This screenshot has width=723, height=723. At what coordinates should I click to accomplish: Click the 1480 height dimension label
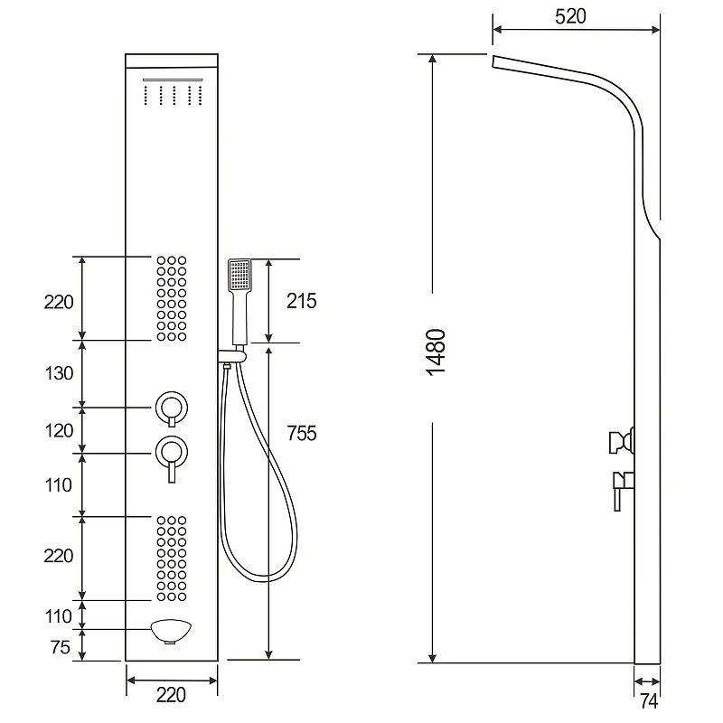pyautogui.click(x=436, y=352)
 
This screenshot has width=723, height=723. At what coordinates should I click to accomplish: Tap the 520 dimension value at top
pyautogui.click(x=570, y=16)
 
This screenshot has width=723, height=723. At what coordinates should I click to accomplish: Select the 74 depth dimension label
pyautogui.click(x=648, y=701)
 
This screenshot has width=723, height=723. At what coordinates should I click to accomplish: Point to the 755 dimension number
pyautogui.click(x=302, y=434)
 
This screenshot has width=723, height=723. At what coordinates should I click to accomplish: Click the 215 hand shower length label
pyautogui.click(x=302, y=301)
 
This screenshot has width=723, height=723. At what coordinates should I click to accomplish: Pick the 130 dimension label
pyautogui.click(x=59, y=373)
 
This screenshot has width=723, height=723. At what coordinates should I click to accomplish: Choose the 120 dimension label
pyautogui.click(x=59, y=431)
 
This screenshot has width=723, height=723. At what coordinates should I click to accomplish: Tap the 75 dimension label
pyautogui.click(x=61, y=647)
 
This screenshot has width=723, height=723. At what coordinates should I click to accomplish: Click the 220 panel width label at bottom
pyautogui.click(x=171, y=695)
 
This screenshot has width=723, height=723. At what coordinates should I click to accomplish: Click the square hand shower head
pyautogui.click(x=239, y=275)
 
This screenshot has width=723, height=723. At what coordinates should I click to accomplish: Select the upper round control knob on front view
pyautogui.click(x=172, y=408)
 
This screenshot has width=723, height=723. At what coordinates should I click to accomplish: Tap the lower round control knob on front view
pyautogui.click(x=172, y=453)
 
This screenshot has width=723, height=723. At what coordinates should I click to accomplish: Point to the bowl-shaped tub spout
pyautogui.click(x=171, y=631)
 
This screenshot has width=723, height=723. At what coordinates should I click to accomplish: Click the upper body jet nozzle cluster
pyautogui.click(x=172, y=299)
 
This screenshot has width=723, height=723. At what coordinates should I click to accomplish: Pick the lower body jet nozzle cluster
pyautogui.click(x=172, y=559)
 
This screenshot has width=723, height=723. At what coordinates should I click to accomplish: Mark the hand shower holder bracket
pyautogui.click(x=232, y=356)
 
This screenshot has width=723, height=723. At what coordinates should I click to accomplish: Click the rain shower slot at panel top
pyautogui.click(x=173, y=80)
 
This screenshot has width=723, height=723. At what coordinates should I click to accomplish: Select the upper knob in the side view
pyautogui.click(x=622, y=442)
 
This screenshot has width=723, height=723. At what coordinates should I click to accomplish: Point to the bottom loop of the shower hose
pyautogui.click(x=263, y=578)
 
